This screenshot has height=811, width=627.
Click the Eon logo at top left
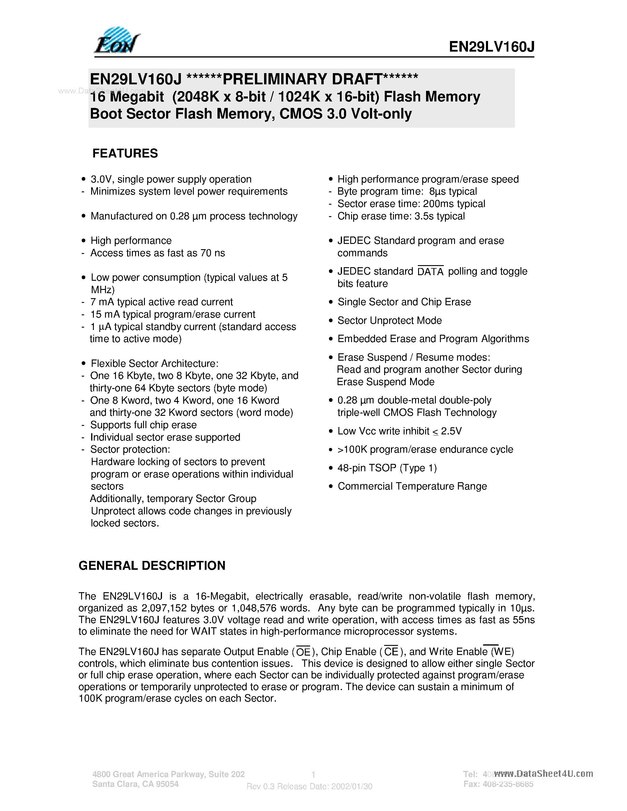tap(117, 41)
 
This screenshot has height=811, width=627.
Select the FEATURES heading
tap(125, 153)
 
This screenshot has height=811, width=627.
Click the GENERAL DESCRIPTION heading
tap(152, 566)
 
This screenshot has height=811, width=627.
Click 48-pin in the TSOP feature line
tap(351, 468)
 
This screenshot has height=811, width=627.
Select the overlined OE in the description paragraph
tap(303, 652)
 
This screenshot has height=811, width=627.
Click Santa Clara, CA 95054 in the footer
tap(135, 784)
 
